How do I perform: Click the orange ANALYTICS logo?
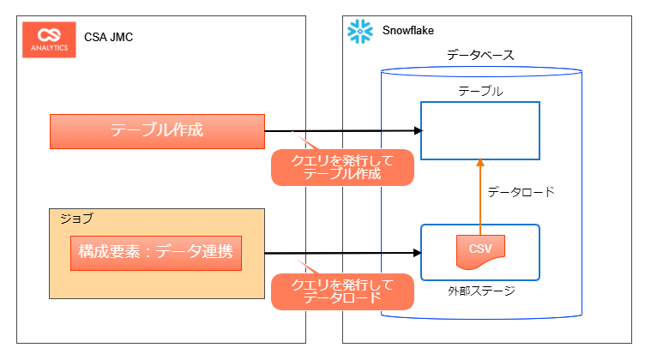pos(49,39)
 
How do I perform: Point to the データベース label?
pos(480,56)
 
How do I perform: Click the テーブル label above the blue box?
pos(480,91)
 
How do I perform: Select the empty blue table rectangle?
pos(479,130)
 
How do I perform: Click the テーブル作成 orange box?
pos(156,131)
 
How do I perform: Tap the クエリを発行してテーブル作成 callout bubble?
pos(342,167)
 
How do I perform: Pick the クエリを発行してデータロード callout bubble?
pos(342,291)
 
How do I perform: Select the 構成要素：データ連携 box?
pos(156,253)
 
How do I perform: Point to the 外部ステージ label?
pos(481,291)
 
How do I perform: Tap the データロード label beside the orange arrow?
pos(521,192)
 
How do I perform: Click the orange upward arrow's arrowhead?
pos(480,163)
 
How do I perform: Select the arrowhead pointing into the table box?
pos(419,130)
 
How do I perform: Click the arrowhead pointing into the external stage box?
pos(419,253)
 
